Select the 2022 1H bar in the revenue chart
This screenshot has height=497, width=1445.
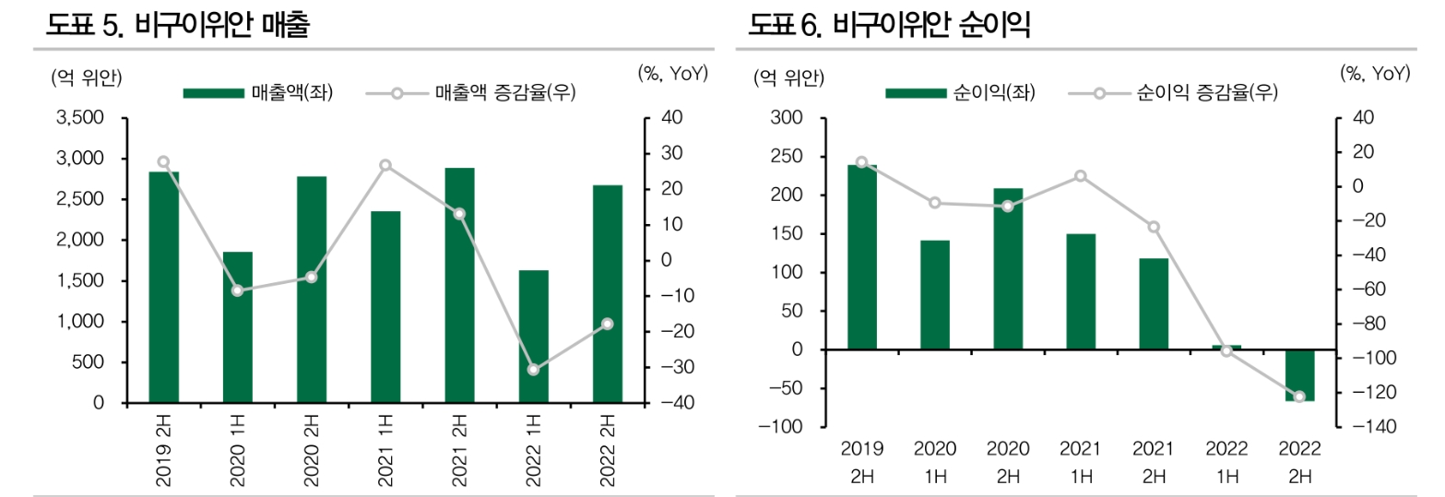(533, 337)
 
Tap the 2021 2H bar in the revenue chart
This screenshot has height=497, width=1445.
(459, 286)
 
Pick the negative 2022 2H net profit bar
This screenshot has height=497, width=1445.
(1300, 375)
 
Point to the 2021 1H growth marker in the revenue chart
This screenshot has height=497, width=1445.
(385, 166)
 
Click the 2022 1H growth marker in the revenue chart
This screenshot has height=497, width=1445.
(533, 370)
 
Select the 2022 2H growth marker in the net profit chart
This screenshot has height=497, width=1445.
(1300, 396)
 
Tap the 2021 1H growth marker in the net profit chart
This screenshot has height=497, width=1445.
(1081, 176)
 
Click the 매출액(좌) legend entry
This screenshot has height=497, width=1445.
(257, 93)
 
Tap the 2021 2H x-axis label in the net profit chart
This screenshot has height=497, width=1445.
(1154, 462)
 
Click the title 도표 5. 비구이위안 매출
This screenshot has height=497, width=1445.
(178, 26)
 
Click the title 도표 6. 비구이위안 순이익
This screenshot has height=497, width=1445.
(890, 26)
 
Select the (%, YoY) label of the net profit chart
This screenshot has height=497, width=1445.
(1375, 74)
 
